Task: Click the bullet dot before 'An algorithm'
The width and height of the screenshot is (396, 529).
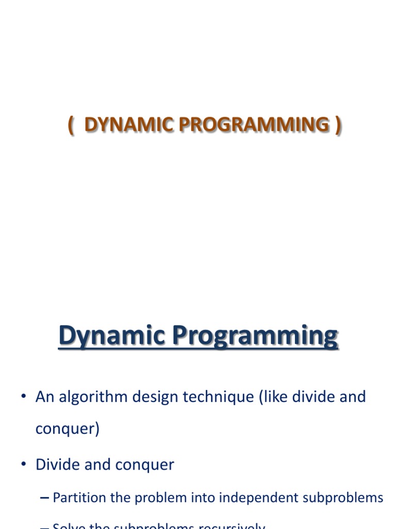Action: click(x=24, y=397)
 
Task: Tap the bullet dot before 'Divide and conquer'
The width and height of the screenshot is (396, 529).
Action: click(x=24, y=464)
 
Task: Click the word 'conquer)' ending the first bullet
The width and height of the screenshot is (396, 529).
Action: click(x=67, y=429)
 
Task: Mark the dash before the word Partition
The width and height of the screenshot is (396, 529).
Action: click(x=45, y=498)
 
